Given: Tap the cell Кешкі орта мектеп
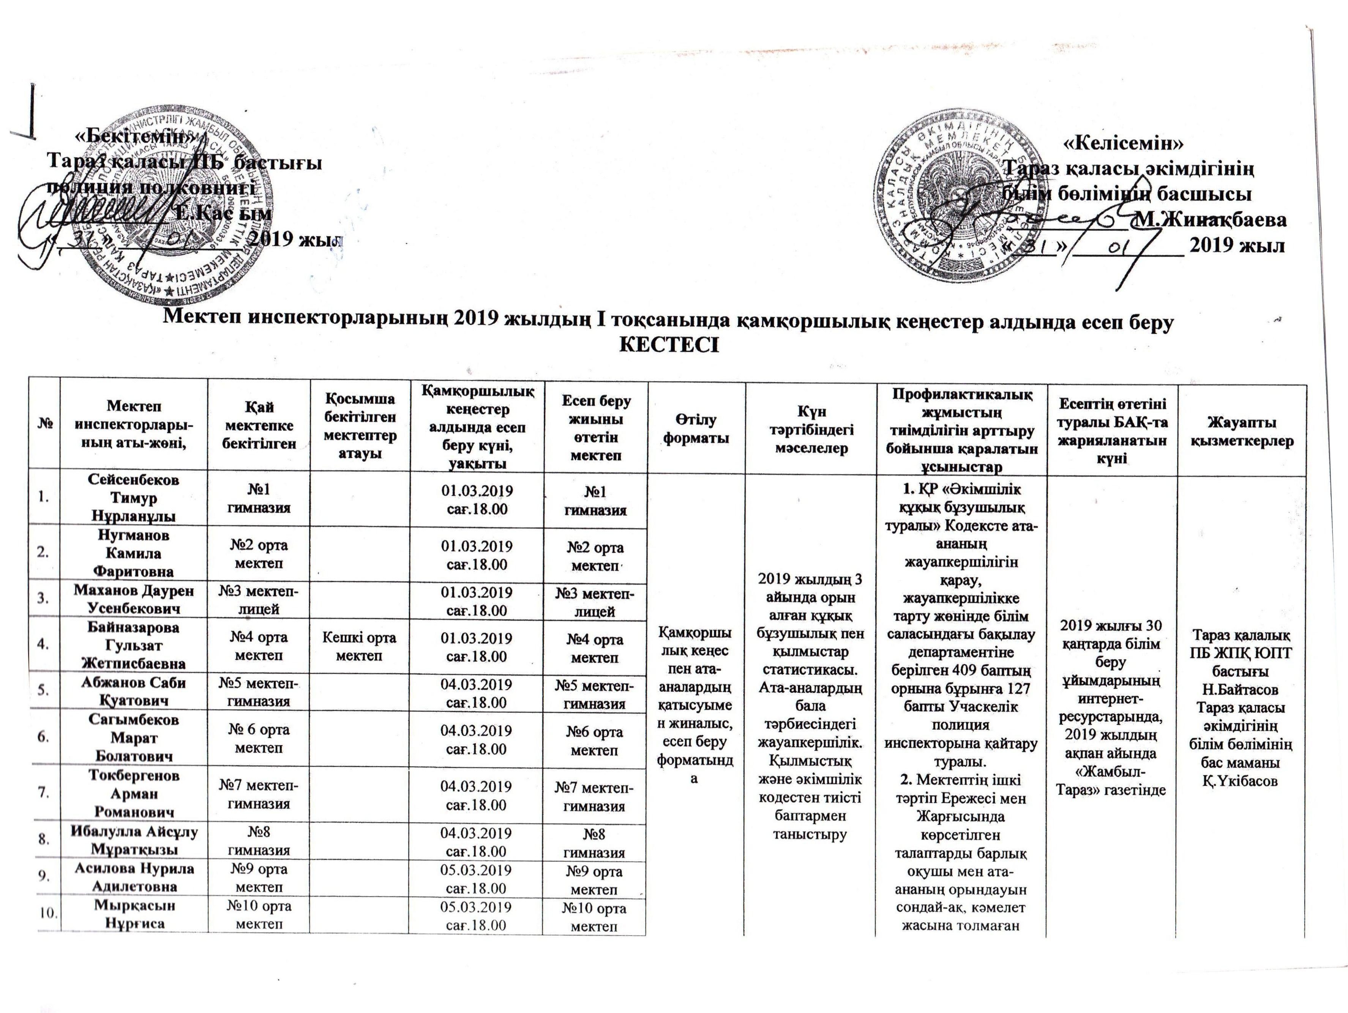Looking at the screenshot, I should [x=359, y=647].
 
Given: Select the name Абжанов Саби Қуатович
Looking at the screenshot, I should [x=133, y=692].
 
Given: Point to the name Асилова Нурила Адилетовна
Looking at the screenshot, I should [x=133, y=877].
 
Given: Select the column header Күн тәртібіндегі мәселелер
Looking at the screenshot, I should [x=810, y=431].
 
